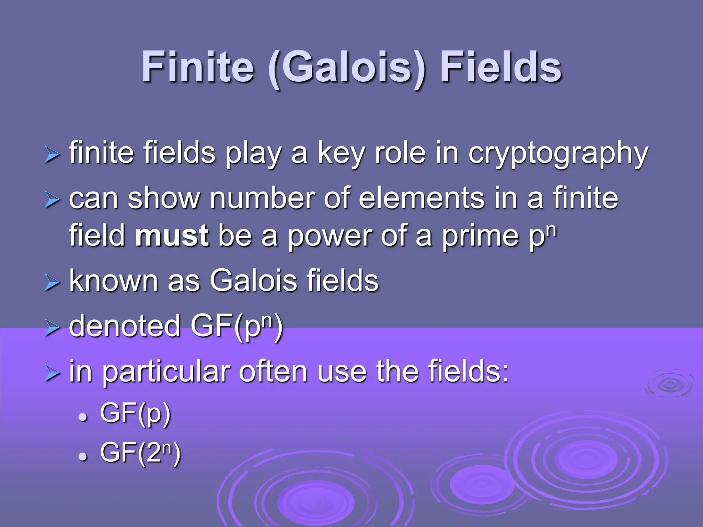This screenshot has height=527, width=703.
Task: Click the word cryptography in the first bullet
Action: (558, 153)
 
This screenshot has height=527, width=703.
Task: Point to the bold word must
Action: (172, 236)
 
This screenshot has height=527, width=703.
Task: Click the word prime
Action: (480, 236)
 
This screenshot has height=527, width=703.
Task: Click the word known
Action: (113, 281)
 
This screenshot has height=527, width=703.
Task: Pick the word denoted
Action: (125, 326)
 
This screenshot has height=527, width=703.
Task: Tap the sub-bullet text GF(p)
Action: (135, 413)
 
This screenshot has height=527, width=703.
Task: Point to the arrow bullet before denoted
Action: (52, 328)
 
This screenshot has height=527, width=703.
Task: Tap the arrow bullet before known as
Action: (52, 283)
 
